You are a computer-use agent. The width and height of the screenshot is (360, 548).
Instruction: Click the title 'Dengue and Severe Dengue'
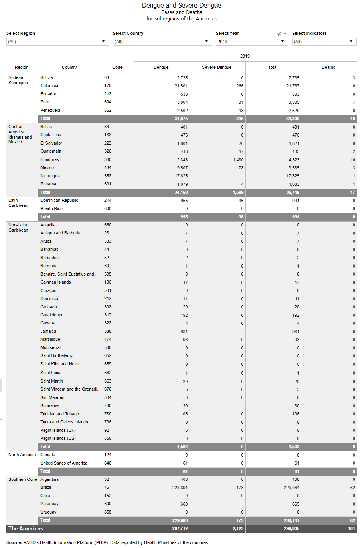click(x=181, y=6)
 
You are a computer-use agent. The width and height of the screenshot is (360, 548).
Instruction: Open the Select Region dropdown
click(x=57, y=42)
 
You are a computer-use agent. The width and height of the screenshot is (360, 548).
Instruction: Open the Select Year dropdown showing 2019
click(x=251, y=42)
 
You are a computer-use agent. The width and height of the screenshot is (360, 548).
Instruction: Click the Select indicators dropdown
click(x=324, y=42)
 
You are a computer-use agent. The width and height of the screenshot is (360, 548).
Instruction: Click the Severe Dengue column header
click(x=217, y=67)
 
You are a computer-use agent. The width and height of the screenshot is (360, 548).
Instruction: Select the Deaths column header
click(x=328, y=67)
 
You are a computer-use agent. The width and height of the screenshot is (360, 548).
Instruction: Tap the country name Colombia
click(x=49, y=86)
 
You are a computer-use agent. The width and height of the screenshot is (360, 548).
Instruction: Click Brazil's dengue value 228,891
click(x=179, y=488)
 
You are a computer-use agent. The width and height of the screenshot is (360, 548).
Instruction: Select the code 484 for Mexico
click(x=107, y=168)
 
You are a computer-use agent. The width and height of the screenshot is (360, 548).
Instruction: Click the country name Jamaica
click(x=48, y=331)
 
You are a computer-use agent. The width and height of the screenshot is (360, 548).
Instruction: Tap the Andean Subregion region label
click(x=18, y=80)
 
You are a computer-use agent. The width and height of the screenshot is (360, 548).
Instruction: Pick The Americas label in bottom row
click(x=26, y=529)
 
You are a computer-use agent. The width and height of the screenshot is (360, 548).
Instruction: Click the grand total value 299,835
click(x=291, y=529)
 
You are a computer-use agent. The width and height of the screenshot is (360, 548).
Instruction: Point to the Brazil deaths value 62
click(x=352, y=488)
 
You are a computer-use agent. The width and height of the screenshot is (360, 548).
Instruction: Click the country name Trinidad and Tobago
click(x=59, y=414)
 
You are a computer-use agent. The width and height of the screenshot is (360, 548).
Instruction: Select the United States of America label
click(x=64, y=463)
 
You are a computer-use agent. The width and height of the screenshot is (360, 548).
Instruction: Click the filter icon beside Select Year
click(x=279, y=34)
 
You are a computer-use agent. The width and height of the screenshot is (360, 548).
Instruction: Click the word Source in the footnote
click(x=14, y=542)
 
